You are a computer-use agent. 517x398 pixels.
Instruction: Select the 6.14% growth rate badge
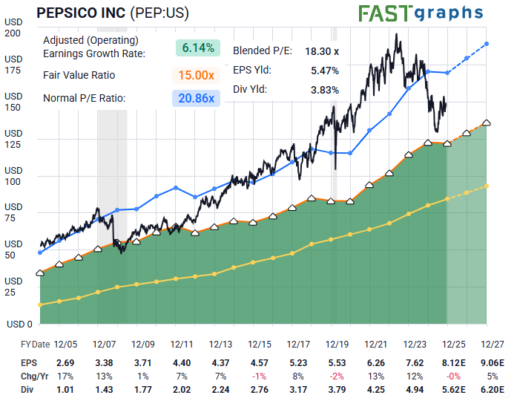(199, 48)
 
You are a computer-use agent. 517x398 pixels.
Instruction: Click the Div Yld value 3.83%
(325, 90)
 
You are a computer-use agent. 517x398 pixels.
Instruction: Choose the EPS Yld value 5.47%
(325, 71)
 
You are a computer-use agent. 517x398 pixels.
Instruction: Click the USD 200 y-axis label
(13, 27)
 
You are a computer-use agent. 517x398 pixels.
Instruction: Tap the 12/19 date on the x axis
(337, 344)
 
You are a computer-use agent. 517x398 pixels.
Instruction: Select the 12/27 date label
(492, 344)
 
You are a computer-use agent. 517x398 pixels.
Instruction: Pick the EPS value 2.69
(65, 363)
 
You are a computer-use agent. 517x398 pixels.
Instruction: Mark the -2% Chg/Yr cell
(337, 376)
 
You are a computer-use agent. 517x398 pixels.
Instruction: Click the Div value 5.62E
(453, 388)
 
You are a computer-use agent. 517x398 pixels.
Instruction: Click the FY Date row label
(35, 344)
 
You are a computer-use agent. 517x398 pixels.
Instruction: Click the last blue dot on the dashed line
(487, 44)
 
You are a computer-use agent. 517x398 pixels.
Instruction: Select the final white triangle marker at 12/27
(487, 123)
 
